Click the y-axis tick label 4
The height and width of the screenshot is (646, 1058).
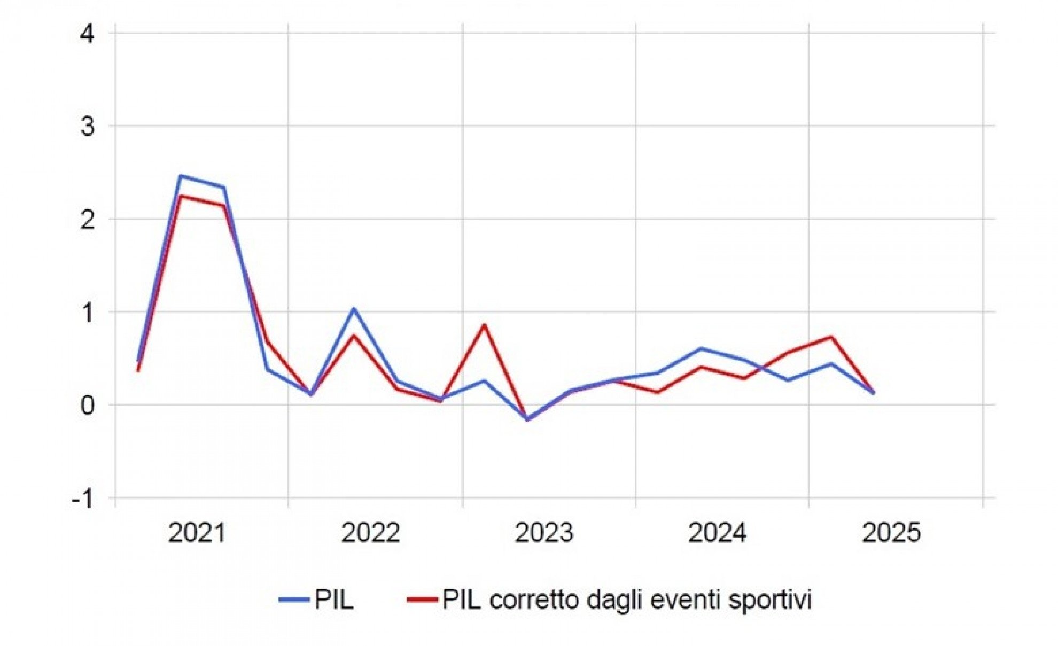(87, 35)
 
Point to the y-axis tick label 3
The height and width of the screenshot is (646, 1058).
(87, 127)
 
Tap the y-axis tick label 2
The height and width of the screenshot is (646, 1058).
(87, 220)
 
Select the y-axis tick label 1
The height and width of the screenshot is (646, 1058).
(87, 313)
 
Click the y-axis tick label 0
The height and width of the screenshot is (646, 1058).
(87, 406)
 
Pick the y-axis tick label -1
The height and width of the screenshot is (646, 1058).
(82, 499)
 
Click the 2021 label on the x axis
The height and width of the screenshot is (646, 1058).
(197, 533)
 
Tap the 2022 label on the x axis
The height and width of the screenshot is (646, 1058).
(370, 533)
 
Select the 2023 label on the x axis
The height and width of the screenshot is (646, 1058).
(544, 533)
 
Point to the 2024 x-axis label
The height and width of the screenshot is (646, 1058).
(717, 533)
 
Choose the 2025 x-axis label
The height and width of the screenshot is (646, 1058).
(891, 533)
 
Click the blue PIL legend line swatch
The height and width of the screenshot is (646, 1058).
(294, 600)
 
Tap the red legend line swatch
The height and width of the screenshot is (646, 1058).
(422, 600)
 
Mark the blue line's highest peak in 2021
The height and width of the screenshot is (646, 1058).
(181, 176)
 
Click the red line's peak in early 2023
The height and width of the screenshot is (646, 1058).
(484, 325)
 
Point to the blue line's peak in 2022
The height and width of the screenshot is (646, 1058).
(353, 309)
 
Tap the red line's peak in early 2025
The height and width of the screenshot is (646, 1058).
(831, 337)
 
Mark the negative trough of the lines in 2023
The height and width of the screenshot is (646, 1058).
(527, 420)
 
